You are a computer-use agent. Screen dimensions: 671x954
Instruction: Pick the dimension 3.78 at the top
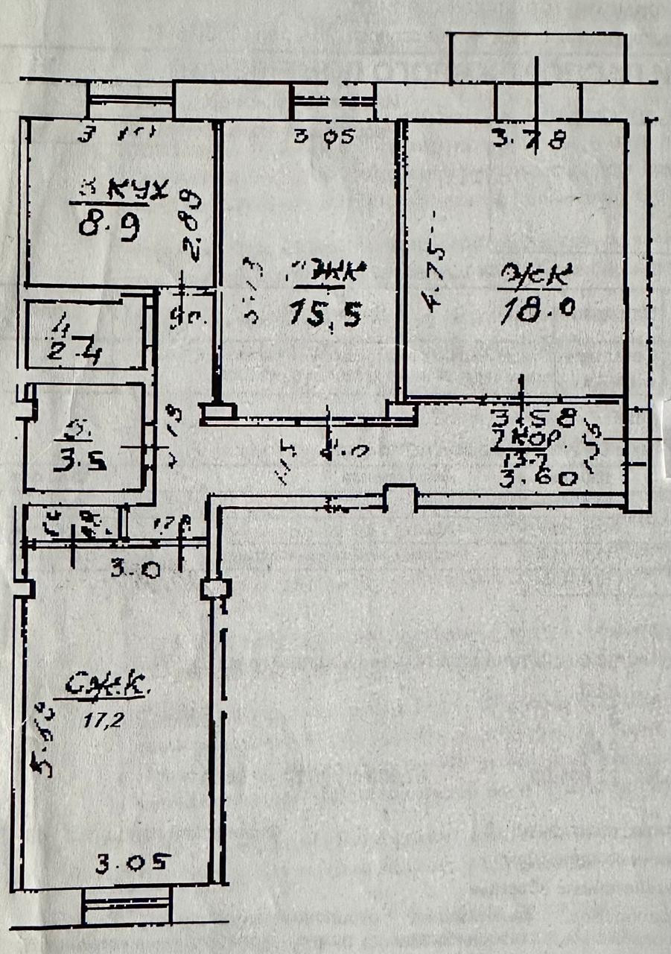530,139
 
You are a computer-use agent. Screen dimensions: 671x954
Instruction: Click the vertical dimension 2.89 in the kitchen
193,224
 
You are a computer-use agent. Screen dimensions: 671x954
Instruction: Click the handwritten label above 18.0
537,277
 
